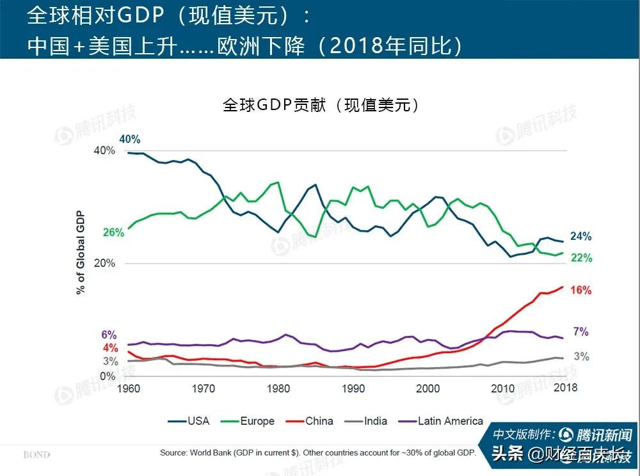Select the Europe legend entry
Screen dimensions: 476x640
tap(248, 421)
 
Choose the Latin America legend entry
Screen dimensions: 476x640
tap(441, 421)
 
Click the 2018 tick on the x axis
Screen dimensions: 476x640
tap(565, 388)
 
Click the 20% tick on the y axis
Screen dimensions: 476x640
tap(104, 264)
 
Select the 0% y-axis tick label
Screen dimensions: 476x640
tap(108, 376)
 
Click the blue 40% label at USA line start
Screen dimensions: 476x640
tap(129, 139)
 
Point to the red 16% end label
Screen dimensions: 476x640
tap(580, 290)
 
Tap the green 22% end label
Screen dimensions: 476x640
tap(581, 258)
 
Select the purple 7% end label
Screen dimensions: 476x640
tap(580, 332)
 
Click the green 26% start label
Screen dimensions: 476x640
tap(113, 233)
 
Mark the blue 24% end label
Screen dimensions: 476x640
tap(580, 237)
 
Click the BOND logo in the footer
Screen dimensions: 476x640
tap(36, 455)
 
